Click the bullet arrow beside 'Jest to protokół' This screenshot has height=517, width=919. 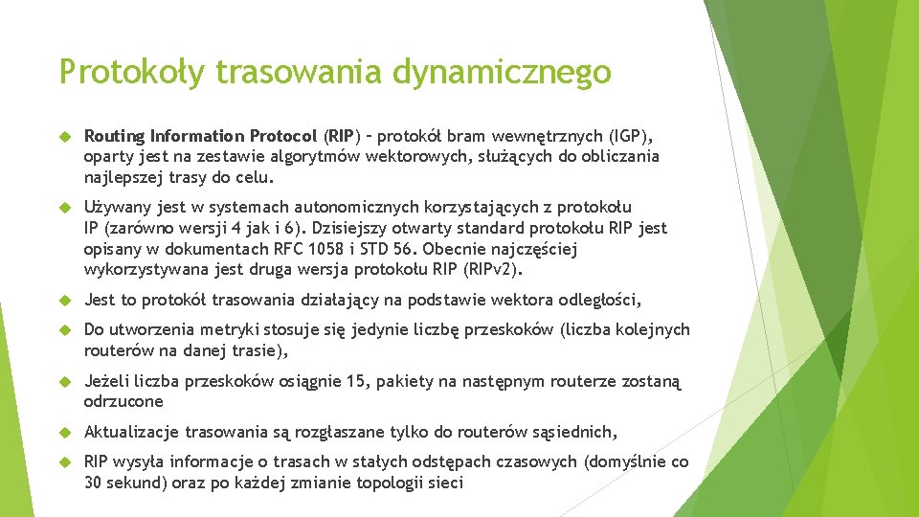tap(65, 300)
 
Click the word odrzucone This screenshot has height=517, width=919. tap(123, 402)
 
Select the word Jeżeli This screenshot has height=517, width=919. tap(108, 381)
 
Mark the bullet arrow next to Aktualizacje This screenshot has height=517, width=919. tap(65, 432)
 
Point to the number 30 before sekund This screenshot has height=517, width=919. tap(94, 483)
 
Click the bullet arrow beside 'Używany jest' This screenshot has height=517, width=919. tap(65, 207)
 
